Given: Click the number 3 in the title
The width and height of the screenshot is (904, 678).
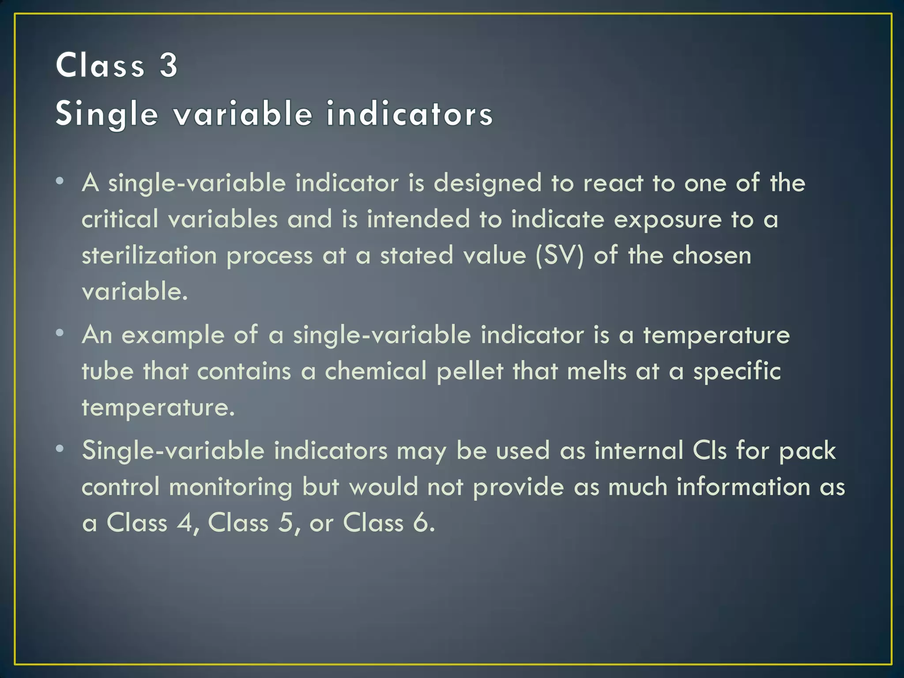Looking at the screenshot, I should coord(168,65).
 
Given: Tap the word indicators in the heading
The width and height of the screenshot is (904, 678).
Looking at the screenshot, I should coord(409,114).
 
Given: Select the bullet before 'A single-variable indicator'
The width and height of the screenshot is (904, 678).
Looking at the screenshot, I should coord(60,181).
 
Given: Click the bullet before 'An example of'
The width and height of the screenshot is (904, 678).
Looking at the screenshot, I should coord(60,333).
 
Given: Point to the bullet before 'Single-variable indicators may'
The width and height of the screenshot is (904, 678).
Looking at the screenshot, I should coord(60,448).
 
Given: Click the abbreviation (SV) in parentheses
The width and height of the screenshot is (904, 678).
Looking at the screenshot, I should coord(559,256).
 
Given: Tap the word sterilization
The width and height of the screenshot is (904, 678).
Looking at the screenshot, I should coord(149,256).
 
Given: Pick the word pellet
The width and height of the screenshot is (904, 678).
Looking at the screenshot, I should coord(470,371).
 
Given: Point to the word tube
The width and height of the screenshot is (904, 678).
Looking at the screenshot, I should coord(107,371).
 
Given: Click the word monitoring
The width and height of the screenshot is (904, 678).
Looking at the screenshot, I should coord(230,487).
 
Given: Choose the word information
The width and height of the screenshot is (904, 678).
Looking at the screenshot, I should coord(743,487).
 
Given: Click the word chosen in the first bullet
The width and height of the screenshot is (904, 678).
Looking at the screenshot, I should coord(712,256).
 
